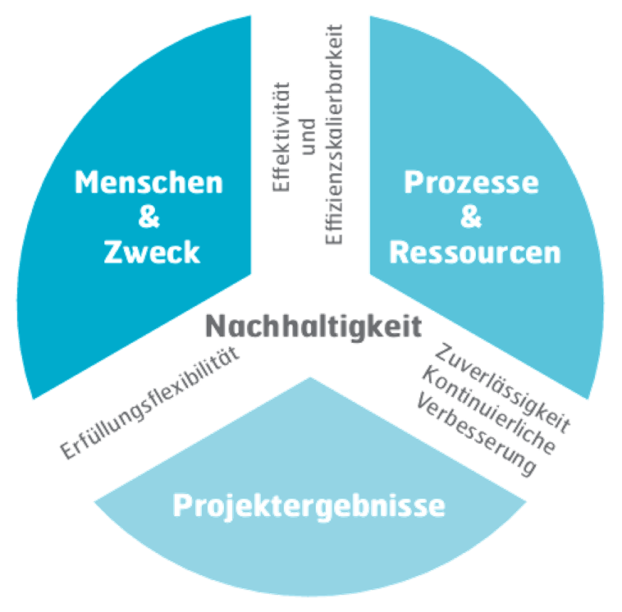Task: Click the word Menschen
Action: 149,181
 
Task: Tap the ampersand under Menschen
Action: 149,217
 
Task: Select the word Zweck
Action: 152,252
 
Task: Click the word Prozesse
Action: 471,181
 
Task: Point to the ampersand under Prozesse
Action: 471,217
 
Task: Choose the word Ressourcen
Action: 475,252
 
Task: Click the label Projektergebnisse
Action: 309,505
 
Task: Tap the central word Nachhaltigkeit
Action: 313,327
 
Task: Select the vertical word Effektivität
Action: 281,131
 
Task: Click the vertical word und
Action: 308,135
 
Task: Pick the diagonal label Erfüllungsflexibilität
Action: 149,402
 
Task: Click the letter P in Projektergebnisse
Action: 182,505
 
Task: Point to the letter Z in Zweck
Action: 116,252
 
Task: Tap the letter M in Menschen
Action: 85,181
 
